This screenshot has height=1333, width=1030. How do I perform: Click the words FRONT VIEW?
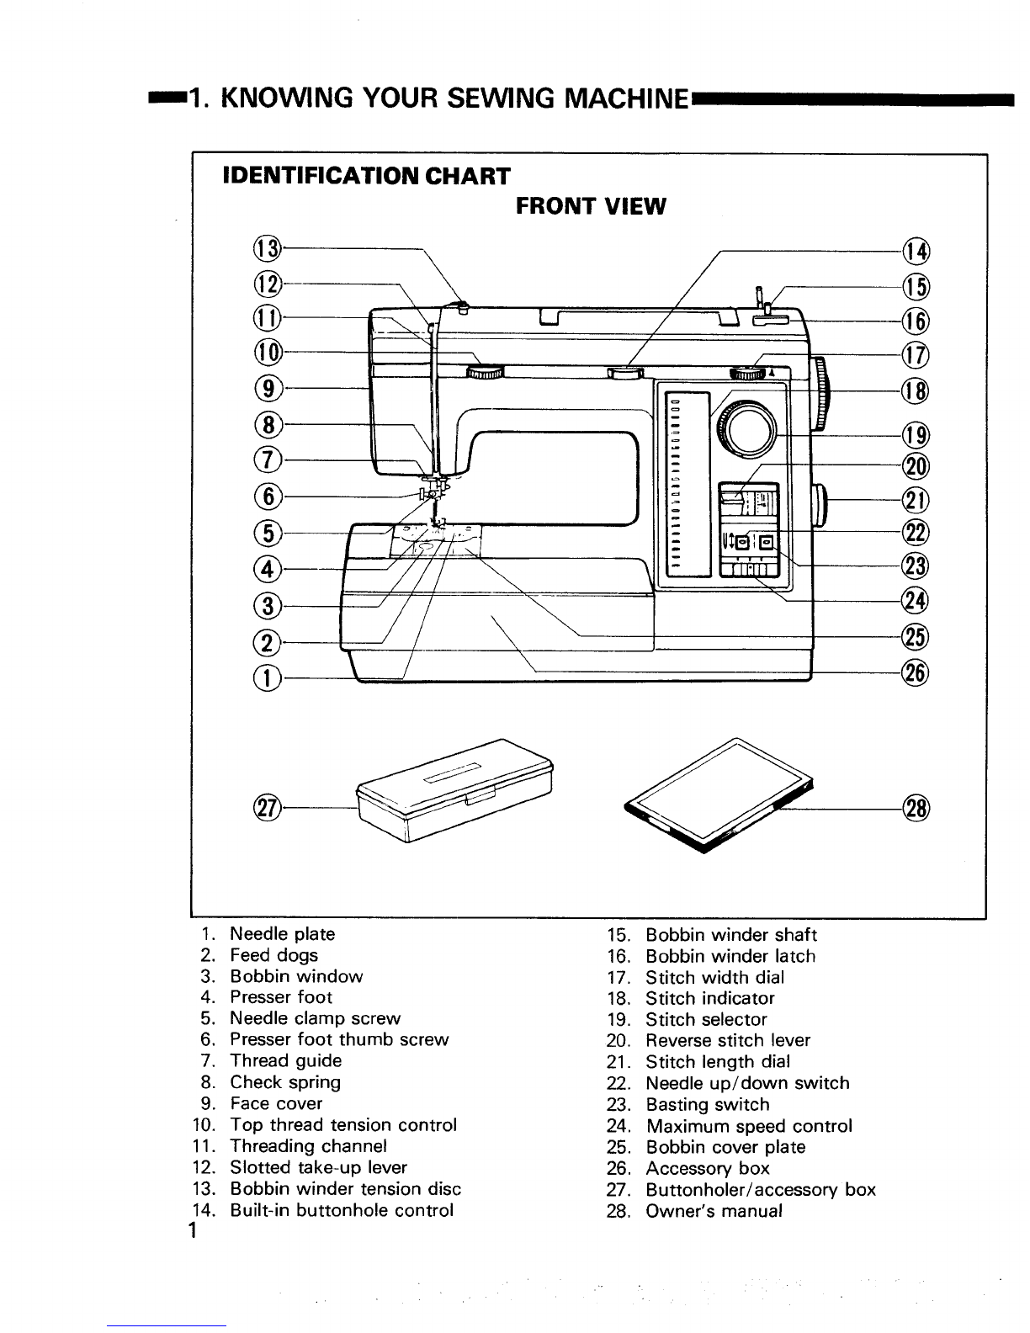pos(590,205)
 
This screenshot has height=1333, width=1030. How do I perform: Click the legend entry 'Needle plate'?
pos(282,934)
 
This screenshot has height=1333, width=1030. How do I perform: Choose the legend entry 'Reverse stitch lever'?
pos(728,1041)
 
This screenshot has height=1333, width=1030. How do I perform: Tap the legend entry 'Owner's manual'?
pos(714,1211)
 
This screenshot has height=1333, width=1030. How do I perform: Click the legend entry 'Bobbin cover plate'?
pos(725,1147)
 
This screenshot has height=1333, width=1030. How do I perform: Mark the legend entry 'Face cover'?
pos(276,1103)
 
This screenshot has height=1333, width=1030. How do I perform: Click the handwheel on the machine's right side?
pos(822,394)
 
